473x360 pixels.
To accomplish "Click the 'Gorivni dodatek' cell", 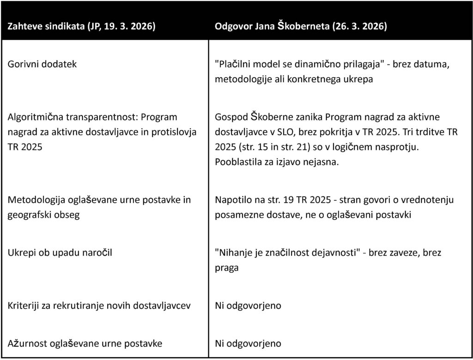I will (42, 64).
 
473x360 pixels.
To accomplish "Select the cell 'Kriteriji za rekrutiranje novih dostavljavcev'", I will (99, 306).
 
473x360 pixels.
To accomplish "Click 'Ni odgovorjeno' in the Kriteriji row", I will (248, 306).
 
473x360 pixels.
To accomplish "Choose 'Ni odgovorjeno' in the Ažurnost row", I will (248, 343).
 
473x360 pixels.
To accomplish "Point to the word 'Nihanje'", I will (235, 252).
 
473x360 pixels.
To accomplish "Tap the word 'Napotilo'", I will (234, 200).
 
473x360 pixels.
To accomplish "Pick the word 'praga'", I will (227, 268).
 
